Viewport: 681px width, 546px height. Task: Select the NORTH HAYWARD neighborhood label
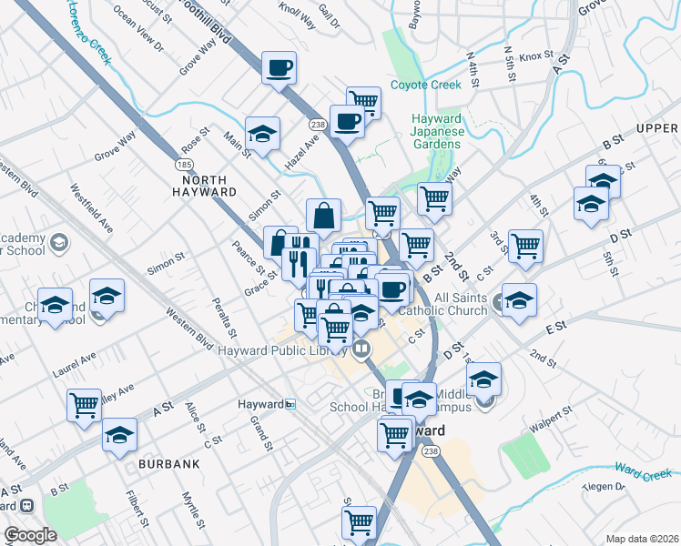point(204,192)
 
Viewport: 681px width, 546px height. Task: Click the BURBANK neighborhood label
point(168,463)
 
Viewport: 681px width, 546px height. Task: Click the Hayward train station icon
point(290,404)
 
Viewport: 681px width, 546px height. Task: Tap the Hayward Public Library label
point(286,349)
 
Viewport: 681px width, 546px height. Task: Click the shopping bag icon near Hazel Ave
point(323,217)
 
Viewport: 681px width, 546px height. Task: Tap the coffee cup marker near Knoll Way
point(279,67)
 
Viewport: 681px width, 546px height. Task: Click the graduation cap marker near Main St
point(262,134)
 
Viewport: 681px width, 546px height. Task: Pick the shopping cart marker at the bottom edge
point(360,523)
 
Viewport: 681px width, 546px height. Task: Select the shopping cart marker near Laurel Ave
point(85,404)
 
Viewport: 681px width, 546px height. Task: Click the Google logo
point(30,535)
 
